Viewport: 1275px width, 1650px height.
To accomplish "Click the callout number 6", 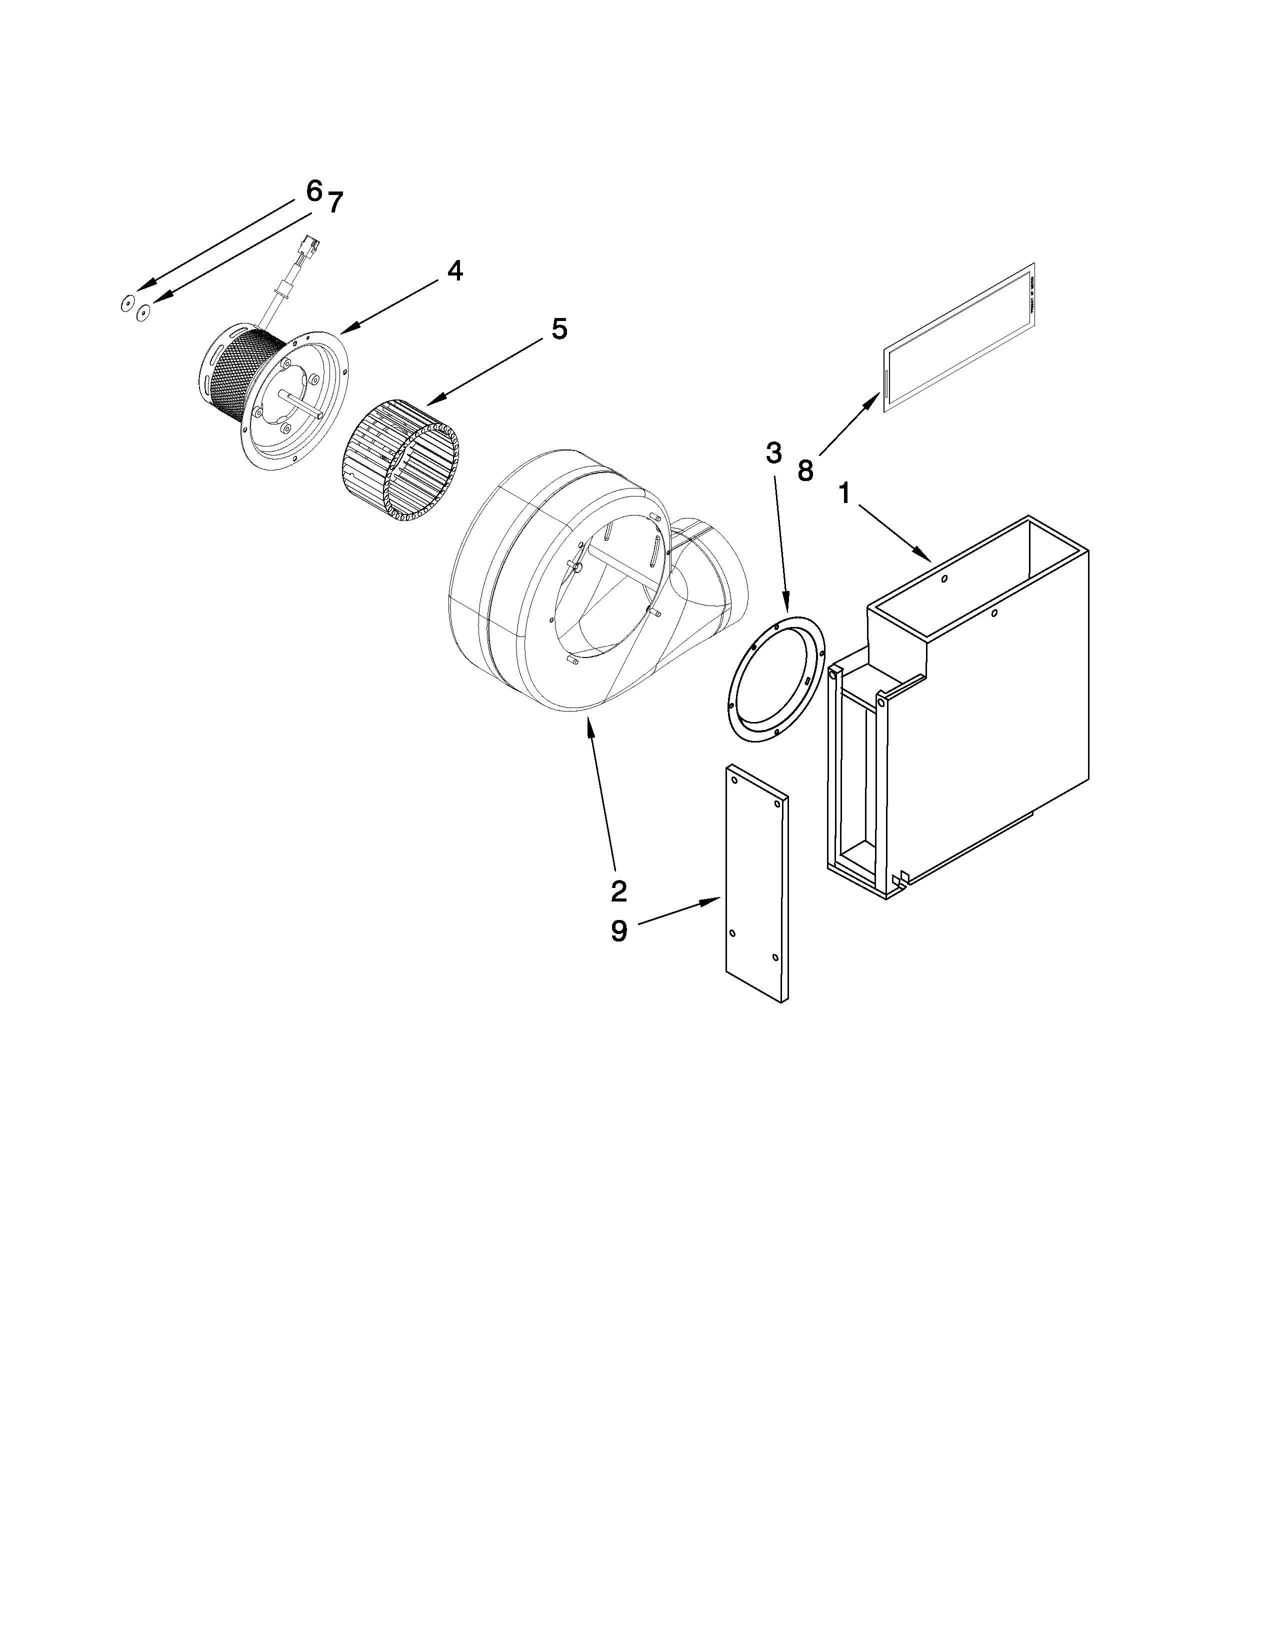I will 314,190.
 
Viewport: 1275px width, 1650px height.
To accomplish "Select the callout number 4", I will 454,270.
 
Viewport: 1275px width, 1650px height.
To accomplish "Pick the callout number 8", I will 805,470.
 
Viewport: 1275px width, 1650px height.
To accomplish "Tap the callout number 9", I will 618,931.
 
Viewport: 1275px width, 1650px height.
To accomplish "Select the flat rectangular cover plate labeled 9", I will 755,884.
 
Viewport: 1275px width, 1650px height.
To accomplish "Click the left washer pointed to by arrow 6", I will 127,304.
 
